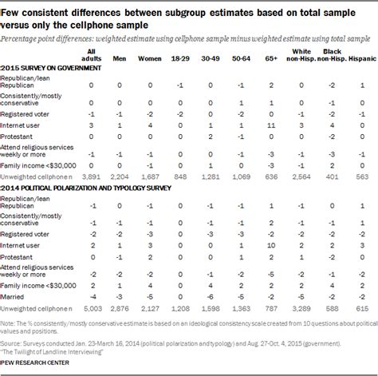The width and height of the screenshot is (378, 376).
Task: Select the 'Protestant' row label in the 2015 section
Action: tap(19, 137)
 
